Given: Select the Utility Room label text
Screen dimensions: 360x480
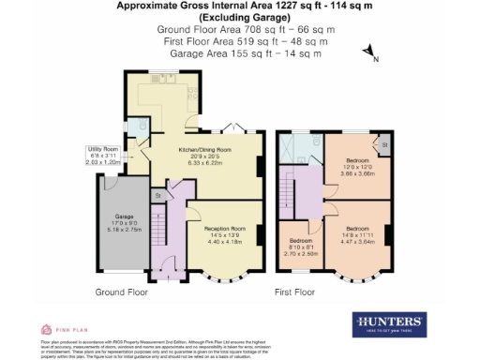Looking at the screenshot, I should point(102,155).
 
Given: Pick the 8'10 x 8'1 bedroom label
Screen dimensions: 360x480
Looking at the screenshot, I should point(299,246).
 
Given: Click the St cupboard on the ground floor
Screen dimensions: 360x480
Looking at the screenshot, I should point(157,195).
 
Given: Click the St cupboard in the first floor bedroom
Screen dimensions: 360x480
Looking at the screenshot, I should point(384,145).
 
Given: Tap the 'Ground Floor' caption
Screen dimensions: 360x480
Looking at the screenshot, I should point(122,292).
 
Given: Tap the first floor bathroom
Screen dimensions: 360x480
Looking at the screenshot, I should point(298,148).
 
